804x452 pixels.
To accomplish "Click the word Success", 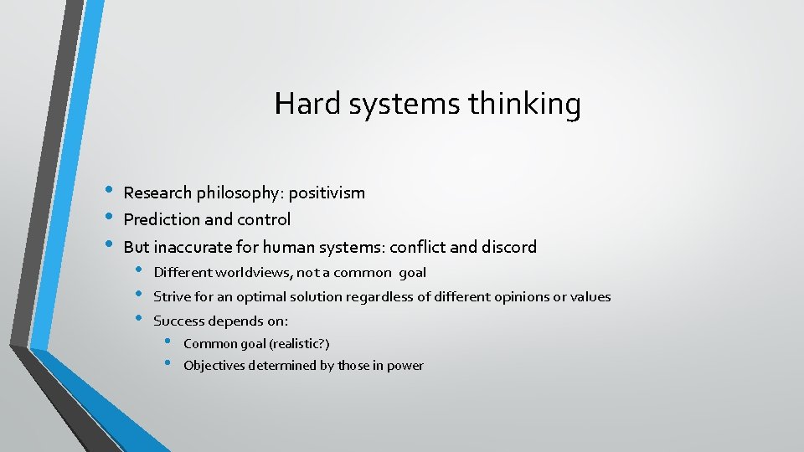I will [x=178, y=321].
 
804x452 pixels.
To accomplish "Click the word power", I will [x=406, y=366].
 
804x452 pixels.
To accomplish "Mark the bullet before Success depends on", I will [x=139, y=319].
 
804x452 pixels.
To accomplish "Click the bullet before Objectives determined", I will [x=168, y=363].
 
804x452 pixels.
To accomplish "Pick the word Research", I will [x=157, y=193].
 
